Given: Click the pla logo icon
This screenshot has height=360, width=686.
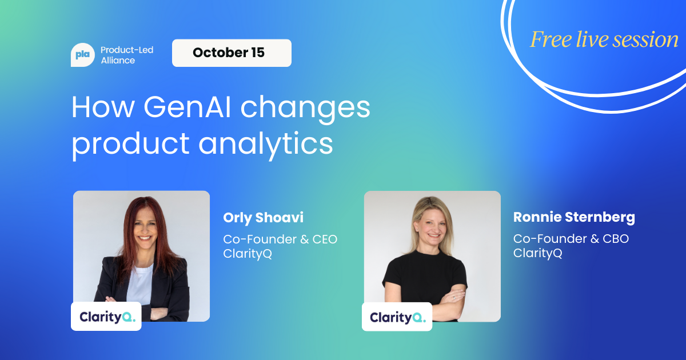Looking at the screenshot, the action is point(83,55).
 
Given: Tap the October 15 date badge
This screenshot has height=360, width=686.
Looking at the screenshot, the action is point(232,53).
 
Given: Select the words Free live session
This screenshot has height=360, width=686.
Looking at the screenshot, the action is point(604,39).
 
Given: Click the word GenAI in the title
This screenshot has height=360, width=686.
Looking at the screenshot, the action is point(187,107).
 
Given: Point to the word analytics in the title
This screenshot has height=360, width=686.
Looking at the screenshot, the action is point(265,144).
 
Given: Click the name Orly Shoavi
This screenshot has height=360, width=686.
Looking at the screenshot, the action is point(263,218).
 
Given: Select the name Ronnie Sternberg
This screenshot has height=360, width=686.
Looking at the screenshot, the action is point(574,217).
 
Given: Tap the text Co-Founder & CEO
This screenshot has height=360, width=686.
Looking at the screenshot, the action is point(280,239).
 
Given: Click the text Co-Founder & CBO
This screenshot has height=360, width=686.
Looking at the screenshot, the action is point(571,239).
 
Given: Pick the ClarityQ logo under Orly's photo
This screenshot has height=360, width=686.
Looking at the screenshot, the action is point(106,316).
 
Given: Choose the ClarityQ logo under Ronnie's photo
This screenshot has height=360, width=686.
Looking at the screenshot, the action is point(397,317).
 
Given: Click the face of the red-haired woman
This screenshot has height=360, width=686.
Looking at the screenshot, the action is point(145,228).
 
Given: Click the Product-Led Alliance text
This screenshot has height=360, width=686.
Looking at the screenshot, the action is point(127,55).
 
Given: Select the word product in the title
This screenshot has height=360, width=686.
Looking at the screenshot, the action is point(130,144).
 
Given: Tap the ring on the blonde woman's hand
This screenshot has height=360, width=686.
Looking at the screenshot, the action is point(454,298).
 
